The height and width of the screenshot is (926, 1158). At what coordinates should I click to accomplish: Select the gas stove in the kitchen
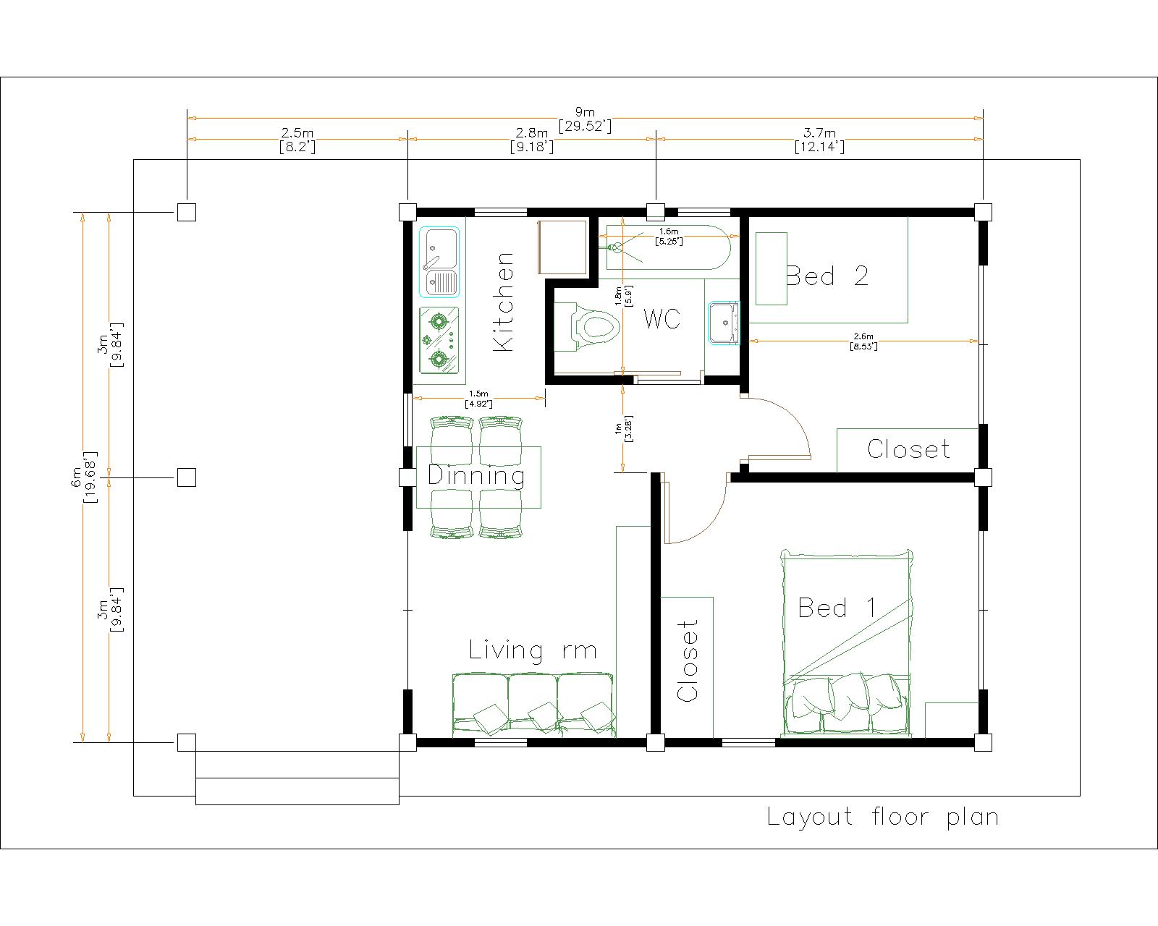[x=439, y=340]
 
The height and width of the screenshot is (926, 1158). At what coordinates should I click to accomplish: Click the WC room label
[x=662, y=318]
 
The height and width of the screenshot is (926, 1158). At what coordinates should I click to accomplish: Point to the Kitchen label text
[x=504, y=302]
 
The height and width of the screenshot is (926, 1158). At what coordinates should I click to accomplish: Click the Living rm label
[x=533, y=650]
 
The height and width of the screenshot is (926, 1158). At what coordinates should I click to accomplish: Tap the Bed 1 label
[x=837, y=608]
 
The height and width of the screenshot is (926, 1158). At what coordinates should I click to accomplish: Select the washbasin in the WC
[x=724, y=323]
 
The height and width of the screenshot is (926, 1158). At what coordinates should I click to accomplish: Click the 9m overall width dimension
[x=585, y=119]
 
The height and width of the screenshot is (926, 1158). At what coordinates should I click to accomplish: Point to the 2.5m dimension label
[x=297, y=140]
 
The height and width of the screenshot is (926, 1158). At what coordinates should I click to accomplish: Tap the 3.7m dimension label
[x=819, y=140]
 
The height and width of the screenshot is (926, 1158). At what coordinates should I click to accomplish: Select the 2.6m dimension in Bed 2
[x=863, y=341]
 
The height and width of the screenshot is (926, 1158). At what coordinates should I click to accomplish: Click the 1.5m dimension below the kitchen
[x=478, y=399]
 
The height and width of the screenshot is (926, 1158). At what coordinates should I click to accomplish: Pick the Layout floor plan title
[x=882, y=817]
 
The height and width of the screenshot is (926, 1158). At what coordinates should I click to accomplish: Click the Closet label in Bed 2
[x=908, y=449]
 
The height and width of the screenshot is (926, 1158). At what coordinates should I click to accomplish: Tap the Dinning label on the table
[x=476, y=475]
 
